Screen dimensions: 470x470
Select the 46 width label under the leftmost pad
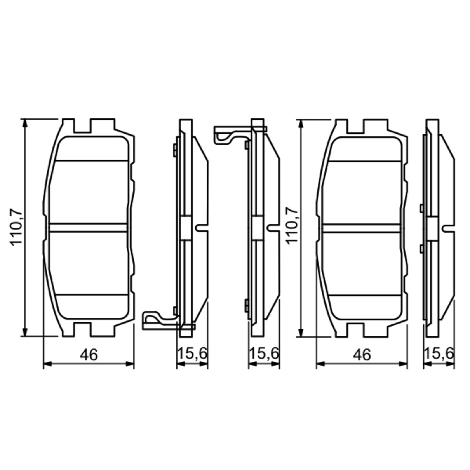click(x=89, y=355)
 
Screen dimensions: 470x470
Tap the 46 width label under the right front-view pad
click(x=362, y=355)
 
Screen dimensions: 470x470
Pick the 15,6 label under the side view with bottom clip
click(x=192, y=354)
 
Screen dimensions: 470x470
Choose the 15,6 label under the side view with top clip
click(x=264, y=354)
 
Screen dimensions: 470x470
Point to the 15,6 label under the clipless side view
click(x=439, y=354)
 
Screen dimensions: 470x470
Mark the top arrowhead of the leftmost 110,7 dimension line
click(x=25, y=123)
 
